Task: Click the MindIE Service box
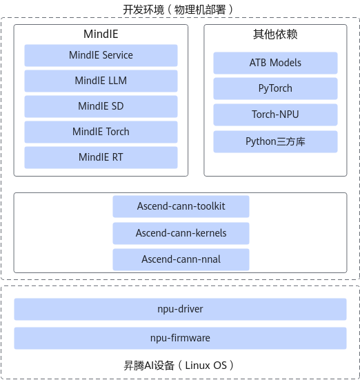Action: click(101, 55)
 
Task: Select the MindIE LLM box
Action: click(101, 81)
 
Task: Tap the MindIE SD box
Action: click(101, 106)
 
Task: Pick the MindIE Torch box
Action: click(101, 132)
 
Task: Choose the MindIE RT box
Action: click(101, 157)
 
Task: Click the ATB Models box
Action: click(275, 63)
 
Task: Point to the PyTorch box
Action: click(275, 88)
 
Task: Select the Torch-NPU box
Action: click(275, 114)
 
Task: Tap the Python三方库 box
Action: click(275, 141)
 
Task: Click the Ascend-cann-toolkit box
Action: click(181, 206)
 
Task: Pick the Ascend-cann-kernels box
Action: click(181, 233)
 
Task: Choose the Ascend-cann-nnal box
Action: click(181, 259)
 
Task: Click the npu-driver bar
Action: click(180, 309)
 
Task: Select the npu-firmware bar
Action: click(180, 338)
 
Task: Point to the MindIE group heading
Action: click(101, 34)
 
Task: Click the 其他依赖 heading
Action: click(275, 34)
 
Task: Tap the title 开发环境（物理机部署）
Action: click(178, 10)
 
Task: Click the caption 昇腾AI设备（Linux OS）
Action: click(179, 366)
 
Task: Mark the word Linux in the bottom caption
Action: click(194, 366)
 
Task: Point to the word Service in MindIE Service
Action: click(119, 55)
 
